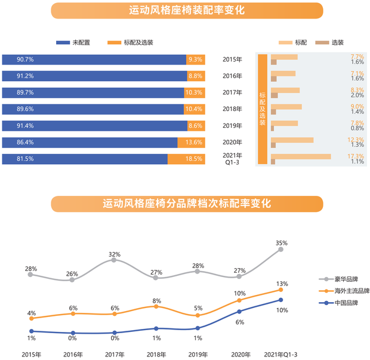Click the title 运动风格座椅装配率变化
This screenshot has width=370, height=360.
pos(186,11)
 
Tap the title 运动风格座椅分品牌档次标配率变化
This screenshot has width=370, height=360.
pos(186,204)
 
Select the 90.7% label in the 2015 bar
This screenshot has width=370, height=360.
pos(25,60)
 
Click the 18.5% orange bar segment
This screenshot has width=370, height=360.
pos(186,159)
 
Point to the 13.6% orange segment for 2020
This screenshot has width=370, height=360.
pos(191,143)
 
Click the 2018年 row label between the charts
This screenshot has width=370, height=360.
pos(232,109)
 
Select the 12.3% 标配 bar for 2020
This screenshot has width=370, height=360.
pos(292,140)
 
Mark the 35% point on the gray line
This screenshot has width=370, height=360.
pos(281,250)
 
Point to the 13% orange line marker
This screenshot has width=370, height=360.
pos(281,290)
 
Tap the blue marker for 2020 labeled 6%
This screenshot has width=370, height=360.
pos(239,311)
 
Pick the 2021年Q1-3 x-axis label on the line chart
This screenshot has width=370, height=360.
pos(280,354)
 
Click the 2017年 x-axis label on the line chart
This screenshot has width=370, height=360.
pos(113,354)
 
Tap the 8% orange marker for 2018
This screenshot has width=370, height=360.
pos(156,306)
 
